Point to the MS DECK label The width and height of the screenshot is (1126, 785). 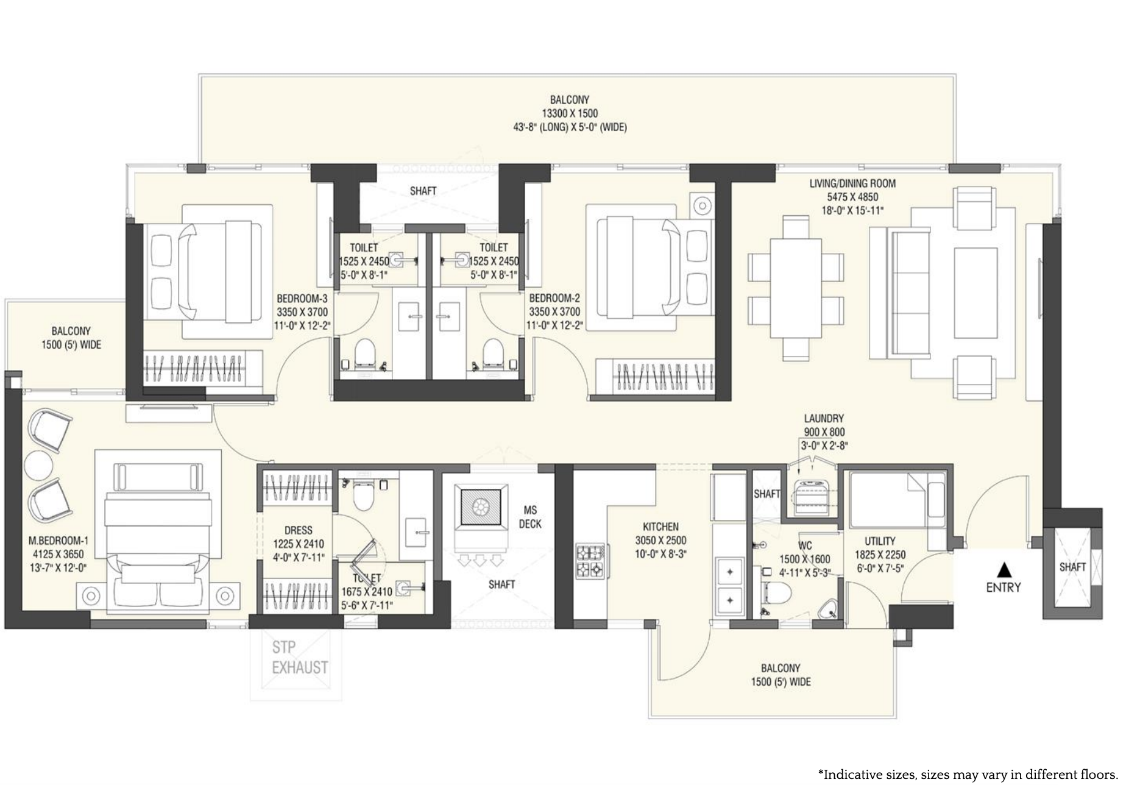[x=529, y=517]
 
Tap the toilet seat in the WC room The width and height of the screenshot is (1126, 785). [x=776, y=592]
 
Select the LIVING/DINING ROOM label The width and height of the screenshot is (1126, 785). [x=852, y=183]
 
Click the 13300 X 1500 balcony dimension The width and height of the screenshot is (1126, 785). [x=570, y=113]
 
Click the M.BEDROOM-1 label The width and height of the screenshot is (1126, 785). [x=58, y=541]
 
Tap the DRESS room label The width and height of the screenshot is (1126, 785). [x=298, y=531]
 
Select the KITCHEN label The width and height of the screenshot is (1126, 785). [x=660, y=527]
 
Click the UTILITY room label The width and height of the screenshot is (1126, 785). [x=880, y=541]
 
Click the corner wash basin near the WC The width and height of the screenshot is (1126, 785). [x=827, y=610]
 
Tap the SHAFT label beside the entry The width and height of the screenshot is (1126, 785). [x=1072, y=567]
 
